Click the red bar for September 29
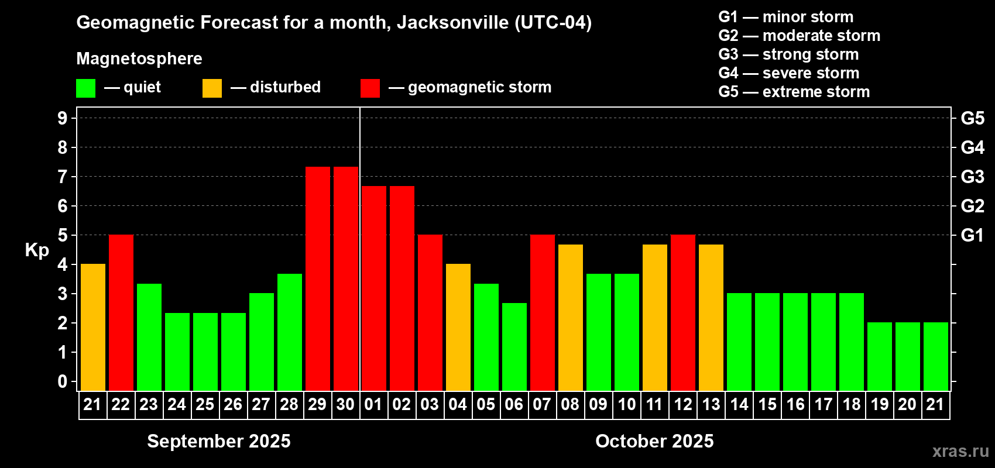tap(318, 278)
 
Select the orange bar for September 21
tap(93, 327)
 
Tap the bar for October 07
tap(543, 312)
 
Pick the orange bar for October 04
tap(458, 327)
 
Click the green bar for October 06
tap(514, 346)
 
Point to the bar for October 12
tap(683, 312)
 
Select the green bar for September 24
tap(177, 352)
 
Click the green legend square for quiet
tap(86, 88)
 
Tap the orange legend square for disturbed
tap(212, 88)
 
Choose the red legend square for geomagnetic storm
tap(370, 88)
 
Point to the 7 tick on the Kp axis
tap(63, 177)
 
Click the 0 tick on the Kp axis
tap(63, 382)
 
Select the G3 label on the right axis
tap(972, 177)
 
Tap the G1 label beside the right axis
tap(972, 235)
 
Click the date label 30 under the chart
tap(345, 404)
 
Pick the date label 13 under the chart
tap(711, 404)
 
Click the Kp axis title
tap(37, 250)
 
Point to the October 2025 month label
tap(654, 441)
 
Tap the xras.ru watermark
tap(960, 451)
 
